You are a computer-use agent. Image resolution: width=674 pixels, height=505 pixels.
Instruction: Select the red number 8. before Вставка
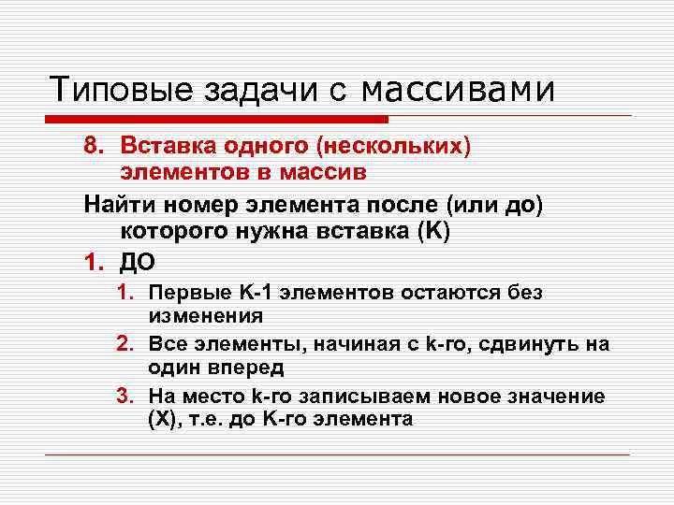click(x=95, y=147)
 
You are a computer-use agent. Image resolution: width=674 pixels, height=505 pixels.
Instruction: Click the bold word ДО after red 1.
click(x=137, y=261)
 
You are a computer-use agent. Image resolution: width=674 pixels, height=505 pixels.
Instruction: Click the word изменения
click(x=205, y=316)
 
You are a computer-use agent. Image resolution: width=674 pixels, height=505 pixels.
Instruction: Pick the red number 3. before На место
click(x=126, y=397)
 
